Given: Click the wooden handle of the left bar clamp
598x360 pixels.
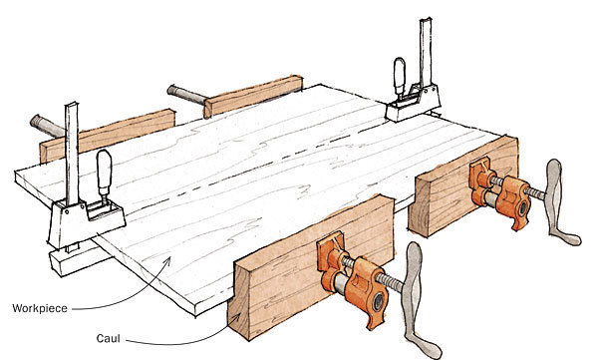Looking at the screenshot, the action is tap(102, 177).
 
